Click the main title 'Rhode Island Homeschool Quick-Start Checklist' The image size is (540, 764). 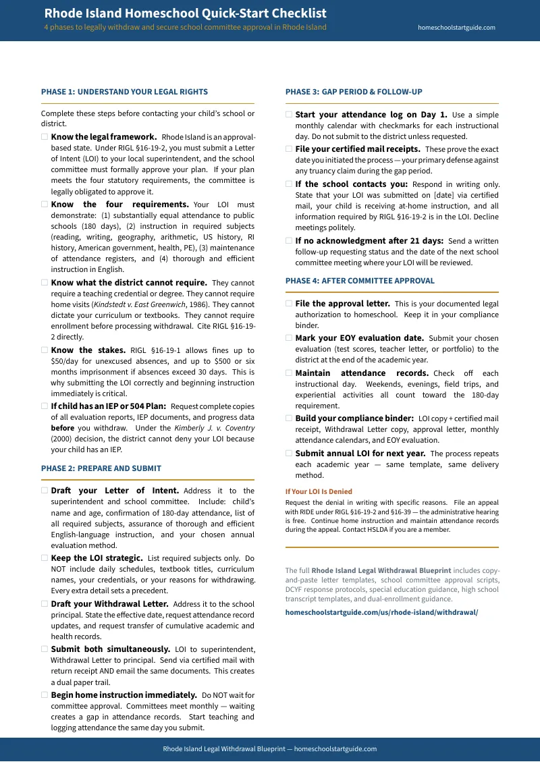tap(185, 13)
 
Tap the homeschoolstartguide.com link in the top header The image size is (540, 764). tap(456, 28)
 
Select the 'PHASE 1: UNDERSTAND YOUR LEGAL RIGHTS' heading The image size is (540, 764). tap(124, 92)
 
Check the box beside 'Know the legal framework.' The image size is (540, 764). tap(45, 137)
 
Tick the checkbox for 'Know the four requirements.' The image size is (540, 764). tap(45, 204)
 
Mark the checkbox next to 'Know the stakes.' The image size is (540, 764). tap(45, 350)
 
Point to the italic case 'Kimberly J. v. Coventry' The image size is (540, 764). tap(214, 428)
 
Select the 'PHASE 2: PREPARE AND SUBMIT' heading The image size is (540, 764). tap(101, 468)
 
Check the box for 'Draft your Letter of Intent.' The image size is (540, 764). tap(45, 491)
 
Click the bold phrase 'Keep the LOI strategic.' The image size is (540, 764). tap(97, 558)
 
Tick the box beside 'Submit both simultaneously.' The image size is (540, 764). tap(45, 649)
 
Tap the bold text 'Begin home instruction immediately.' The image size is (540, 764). tap(124, 695)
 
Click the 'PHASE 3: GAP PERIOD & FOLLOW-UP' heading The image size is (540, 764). tap(353, 92)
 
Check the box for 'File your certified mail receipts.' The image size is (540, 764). tap(289, 149)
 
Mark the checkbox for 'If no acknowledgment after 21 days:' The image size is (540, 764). tap(289, 241)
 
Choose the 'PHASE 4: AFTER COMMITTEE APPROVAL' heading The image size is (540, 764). tap(360, 281)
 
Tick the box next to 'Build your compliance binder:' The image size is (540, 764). tap(289, 418)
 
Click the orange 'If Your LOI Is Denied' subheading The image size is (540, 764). tap(319, 491)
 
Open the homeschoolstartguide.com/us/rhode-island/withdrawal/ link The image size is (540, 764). tap(381, 612)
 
